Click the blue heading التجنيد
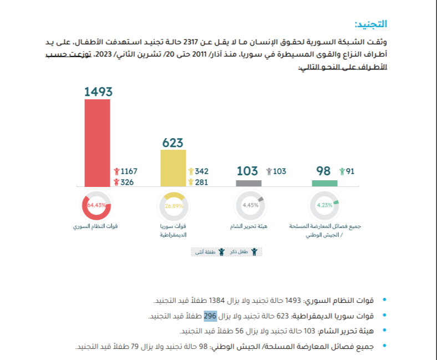[x=370, y=24]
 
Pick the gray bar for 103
[x=248, y=183]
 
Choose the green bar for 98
[x=324, y=183]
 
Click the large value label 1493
[x=99, y=92]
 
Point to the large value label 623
[x=172, y=143]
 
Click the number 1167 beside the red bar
[x=129, y=171]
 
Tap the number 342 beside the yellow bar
[x=201, y=171]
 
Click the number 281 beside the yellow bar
[x=201, y=182]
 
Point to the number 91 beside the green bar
[x=350, y=171]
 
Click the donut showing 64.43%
[x=97, y=205]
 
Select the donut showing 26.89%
[x=174, y=205]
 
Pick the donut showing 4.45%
[x=250, y=205]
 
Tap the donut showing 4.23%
[x=324, y=205]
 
